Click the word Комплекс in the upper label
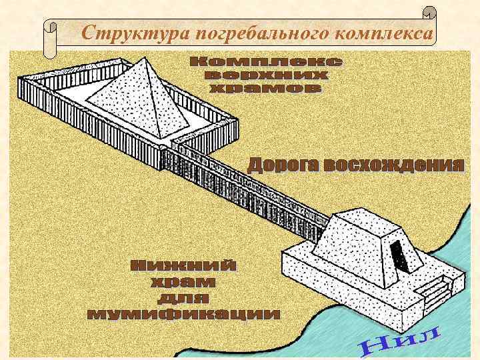click(x=267, y=62)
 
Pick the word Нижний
click(x=183, y=266)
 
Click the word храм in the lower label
click(x=183, y=282)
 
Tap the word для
click(x=183, y=297)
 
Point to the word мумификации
click(x=183, y=313)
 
